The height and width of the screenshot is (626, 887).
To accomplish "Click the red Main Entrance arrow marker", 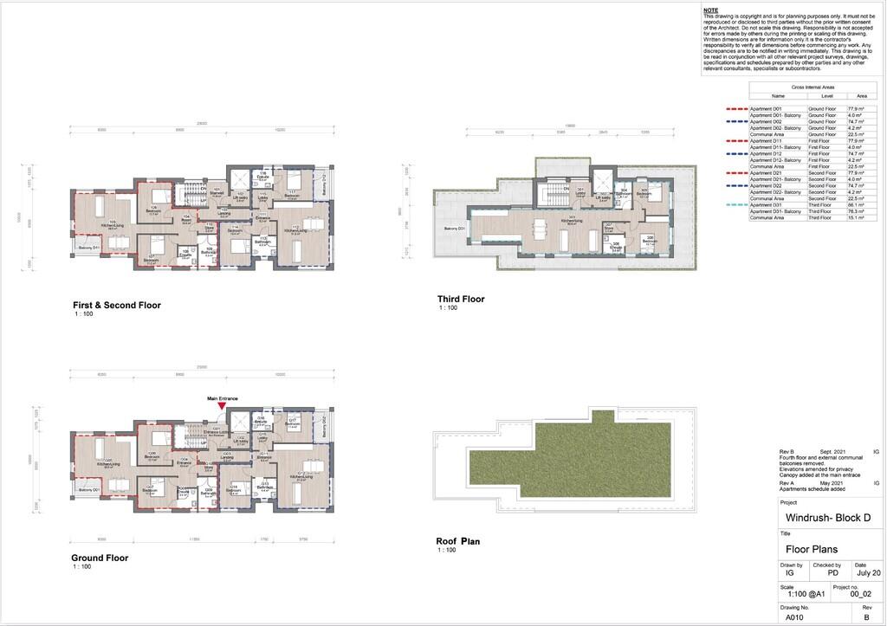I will pyautogui.click(x=222, y=405).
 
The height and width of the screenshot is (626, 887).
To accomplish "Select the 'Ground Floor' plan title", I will pyautogui.click(x=100, y=558).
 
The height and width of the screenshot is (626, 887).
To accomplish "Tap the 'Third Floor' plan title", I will pyautogui.click(x=461, y=299).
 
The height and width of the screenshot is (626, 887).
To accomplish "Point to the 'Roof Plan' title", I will pyautogui.click(x=457, y=542).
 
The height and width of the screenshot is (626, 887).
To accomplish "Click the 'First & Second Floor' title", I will pyautogui.click(x=117, y=305).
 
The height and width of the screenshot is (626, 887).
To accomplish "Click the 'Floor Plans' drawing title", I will pyautogui.click(x=811, y=548).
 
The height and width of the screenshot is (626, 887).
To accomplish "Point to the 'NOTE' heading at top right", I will pyautogui.click(x=710, y=10).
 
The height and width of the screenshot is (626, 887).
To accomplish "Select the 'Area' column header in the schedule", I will pyautogui.click(x=861, y=96).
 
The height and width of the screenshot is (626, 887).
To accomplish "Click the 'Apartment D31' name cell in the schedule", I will pyautogui.click(x=766, y=204).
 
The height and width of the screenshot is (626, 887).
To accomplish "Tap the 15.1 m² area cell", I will pyautogui.click(x=861, y=218).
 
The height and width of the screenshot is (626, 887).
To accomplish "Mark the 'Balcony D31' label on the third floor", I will pyautogui.click(x=456, y=228).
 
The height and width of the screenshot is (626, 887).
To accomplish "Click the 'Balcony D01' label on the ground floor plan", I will pyautogui.click(x=90, y=490).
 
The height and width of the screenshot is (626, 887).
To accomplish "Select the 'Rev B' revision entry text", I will pyautogui.click(x=787, y=452).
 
